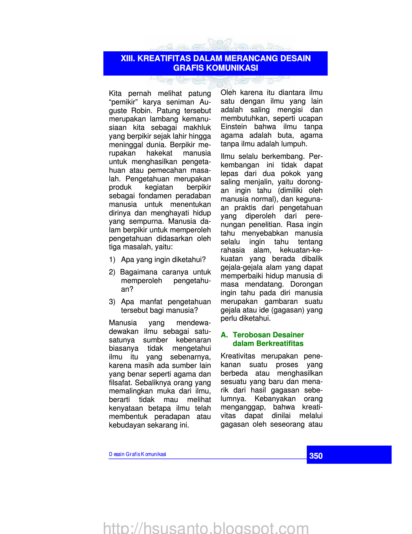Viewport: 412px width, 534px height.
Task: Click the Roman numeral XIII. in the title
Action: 128,58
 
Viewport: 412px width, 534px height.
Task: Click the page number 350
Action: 316,456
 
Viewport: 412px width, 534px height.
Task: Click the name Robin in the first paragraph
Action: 143,111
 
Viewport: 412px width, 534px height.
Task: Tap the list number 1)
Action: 112,260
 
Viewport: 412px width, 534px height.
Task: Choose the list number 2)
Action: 112,272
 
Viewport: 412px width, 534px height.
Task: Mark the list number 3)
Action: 112,302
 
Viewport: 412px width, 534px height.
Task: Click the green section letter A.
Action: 224,335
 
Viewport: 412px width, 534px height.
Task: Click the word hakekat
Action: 159,153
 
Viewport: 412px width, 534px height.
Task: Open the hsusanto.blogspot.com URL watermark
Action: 206,528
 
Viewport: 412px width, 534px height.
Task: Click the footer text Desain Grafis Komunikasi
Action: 137,454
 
